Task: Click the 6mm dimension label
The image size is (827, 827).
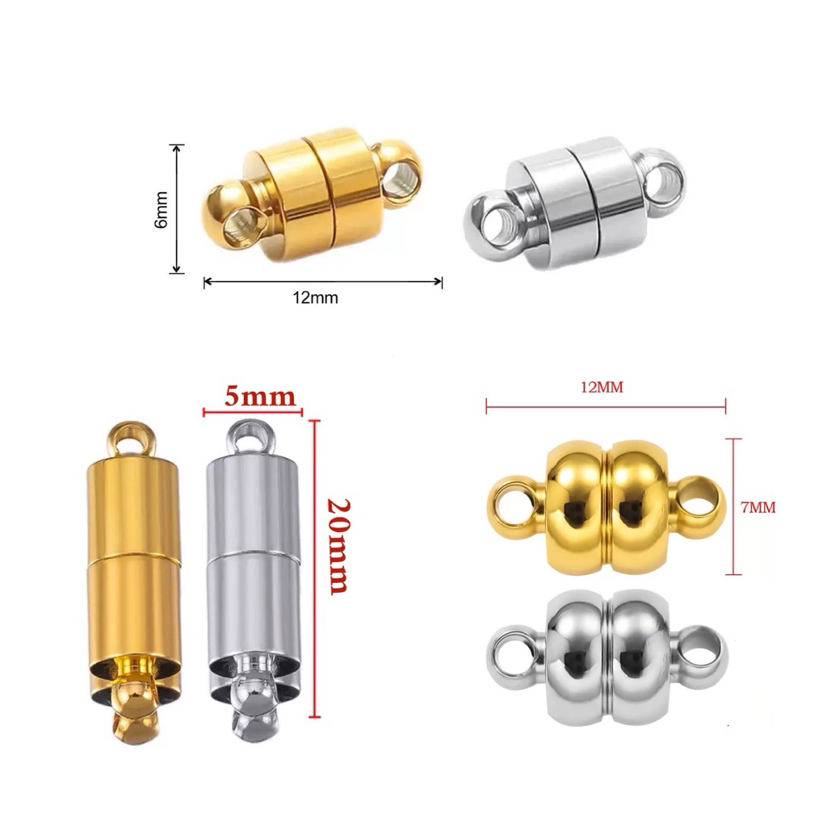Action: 161,209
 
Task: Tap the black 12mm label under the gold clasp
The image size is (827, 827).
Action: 316,298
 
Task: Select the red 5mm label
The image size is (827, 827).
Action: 260,397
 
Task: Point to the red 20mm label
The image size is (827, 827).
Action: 338,546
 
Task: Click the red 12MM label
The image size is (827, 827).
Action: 602,388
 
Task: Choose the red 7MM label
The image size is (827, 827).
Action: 758,507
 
